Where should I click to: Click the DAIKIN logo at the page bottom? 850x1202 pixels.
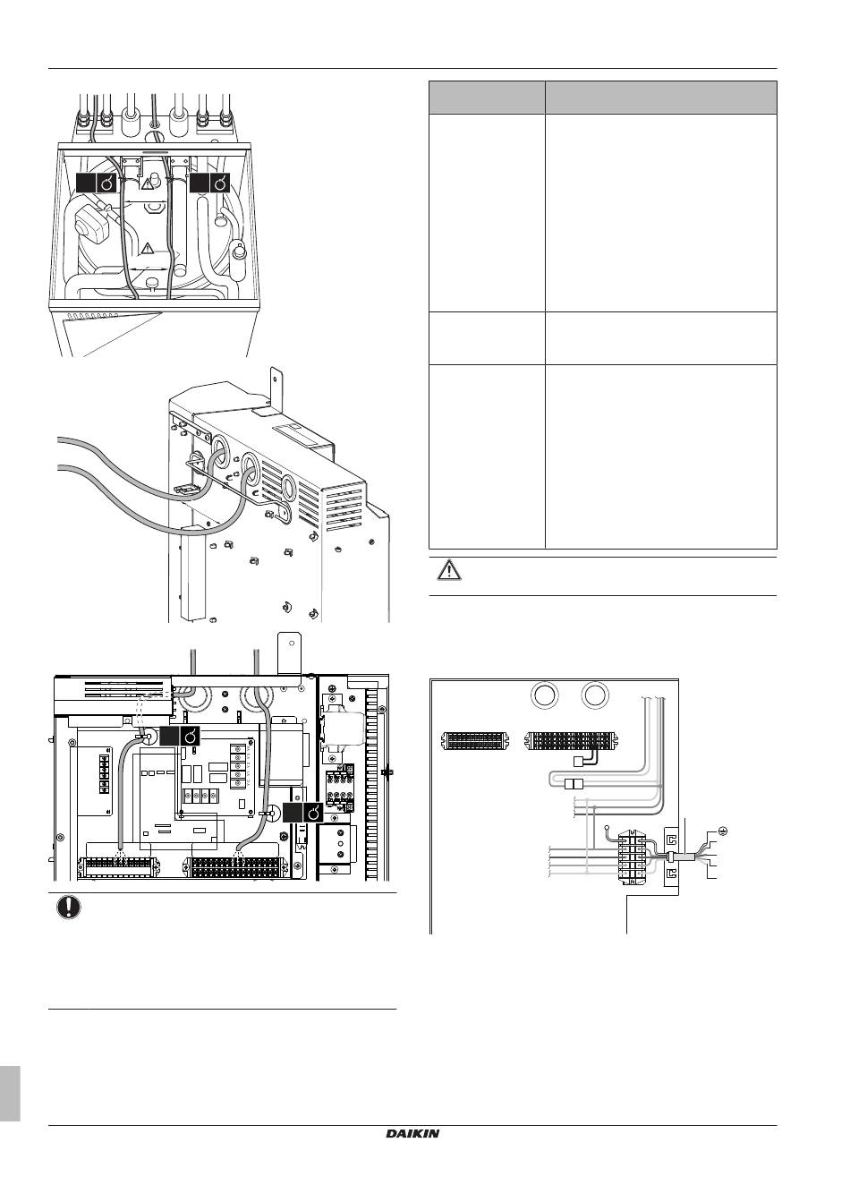pyautogui.click(x=412, y=1174)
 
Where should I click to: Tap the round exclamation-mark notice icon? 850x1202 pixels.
pyautogui.click(x=69, y=907)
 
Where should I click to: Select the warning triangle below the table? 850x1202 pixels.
pyautogui.click(x=449, y=569)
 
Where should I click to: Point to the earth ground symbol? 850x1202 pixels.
pyautogui.click(x=722, y=831)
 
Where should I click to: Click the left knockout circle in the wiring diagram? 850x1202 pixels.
pyautogui.click(x=544, y=695)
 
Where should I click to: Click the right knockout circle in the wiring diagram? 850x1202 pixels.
pyautogui.click(x=595, y=695)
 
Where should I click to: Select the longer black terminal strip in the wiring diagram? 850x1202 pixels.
pyautogui.click(x=572, y=740)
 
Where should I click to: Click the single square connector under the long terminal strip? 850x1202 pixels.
pyautogui.click(x=578, y=761)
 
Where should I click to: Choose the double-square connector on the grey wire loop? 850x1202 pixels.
pyautogui.click(x=574, y=785)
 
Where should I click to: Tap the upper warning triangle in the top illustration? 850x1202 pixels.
pyautogui.click(x=147, y=183)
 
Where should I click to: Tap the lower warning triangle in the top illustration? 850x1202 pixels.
pyautogui.click(x=148, y=249)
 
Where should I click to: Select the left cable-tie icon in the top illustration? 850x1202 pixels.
pyautogui.click(x=96, y=183)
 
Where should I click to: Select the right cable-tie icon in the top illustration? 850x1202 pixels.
pyautogui.click(x=209, y=183)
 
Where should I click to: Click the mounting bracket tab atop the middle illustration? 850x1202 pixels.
pyautogui.click(x=276, y=384)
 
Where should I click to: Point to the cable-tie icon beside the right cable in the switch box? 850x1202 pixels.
pyautogui.click(x=303, y=813)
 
